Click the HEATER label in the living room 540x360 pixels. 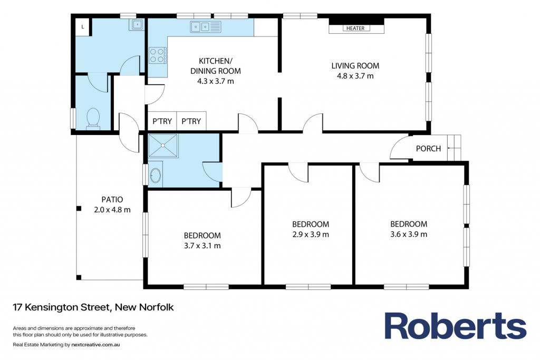pos(355,28)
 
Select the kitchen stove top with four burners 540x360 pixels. pos(157,55)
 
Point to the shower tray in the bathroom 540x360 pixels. pos(163,145)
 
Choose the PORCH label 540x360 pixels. pos(428,148)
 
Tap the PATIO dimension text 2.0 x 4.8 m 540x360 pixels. pos(112,210)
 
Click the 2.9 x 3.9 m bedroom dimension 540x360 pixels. pos(310,235)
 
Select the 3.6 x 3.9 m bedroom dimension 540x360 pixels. pos(409,234)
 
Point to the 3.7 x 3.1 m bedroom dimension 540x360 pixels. pos(202,246)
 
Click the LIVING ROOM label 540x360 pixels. pos(355,65)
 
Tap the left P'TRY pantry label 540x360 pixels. pos(162,121)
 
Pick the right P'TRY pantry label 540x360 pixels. pos(191,121)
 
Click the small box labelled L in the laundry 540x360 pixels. pos(83,26)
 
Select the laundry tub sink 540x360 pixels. pos(137,24)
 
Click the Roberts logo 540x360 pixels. pos(455,326)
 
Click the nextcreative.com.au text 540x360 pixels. pos(96,345)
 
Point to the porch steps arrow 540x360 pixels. pos(454,148)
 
